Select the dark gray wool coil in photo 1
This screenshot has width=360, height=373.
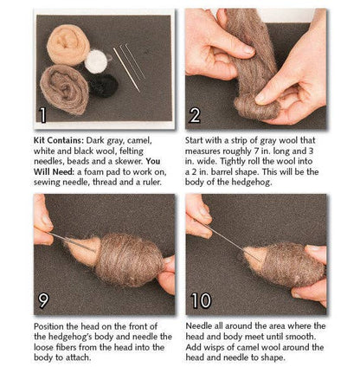coord(65,90)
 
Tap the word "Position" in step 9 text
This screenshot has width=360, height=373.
coord(49,326)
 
